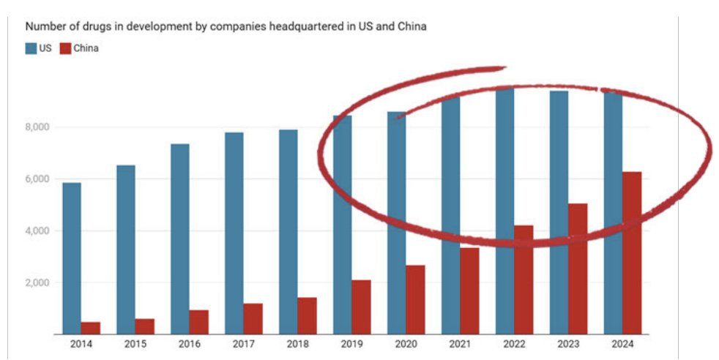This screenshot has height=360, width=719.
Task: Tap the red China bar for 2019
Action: point(361,307)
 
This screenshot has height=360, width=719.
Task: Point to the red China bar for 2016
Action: point(199,321)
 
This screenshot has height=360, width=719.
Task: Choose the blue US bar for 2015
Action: point(126,249)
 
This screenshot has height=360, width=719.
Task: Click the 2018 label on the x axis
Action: point(297,344)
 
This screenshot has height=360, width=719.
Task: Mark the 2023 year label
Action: point(568,344)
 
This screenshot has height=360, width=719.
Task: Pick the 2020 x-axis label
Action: point(406,344)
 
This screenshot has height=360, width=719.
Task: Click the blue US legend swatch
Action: point(31,48)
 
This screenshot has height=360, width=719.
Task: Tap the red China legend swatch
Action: point(64,48)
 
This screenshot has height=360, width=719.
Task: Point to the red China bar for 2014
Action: point(91,328)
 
